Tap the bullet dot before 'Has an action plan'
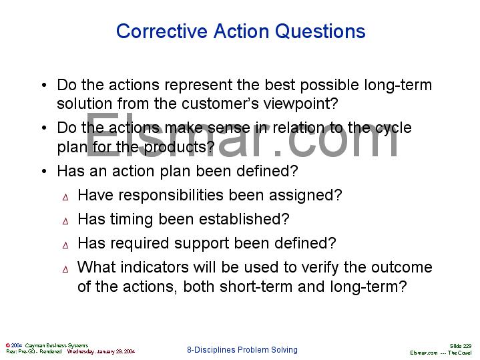coord(43,172)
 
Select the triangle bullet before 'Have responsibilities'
coord(65,196)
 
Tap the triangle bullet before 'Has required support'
coord(65,244)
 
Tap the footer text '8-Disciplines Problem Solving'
coord(242,350)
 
